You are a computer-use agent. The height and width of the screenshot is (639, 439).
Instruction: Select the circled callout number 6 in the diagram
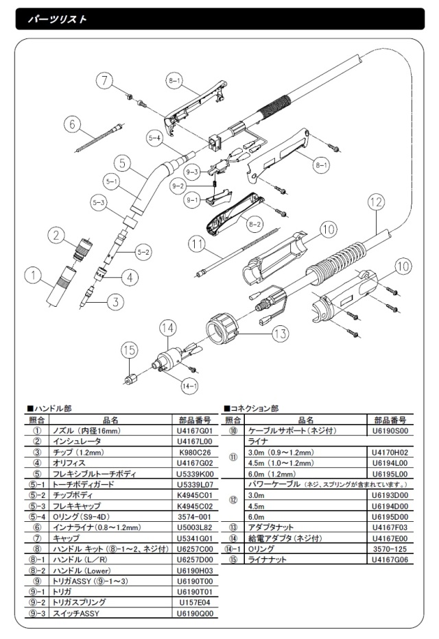pos(69,124)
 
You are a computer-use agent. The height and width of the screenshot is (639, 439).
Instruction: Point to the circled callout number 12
pos(374,202)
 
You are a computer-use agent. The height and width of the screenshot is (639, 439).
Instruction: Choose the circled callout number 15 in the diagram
pos(129,350)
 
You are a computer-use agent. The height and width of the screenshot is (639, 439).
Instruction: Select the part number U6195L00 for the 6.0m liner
pos(390,473)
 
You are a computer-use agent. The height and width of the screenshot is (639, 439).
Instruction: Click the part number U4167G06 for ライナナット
pos(390,559)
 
